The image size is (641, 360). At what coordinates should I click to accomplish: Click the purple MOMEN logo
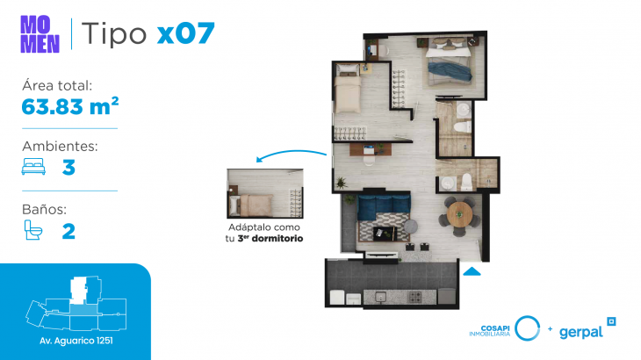pos(40,34)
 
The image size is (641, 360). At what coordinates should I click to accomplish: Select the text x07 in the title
pos(186,33)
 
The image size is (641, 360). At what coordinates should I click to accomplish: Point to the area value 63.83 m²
pos(70,106)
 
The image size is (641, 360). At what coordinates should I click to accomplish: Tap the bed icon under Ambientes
pos(33,166)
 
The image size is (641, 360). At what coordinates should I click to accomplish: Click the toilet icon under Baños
pos(32,230)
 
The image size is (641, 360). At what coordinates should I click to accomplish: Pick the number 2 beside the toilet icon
pos(68,231)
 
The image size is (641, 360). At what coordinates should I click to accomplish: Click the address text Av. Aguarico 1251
pos(76,341)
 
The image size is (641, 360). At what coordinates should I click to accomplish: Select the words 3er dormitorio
pos(270,238)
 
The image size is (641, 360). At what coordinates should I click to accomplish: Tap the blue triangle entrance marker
pos(472,271)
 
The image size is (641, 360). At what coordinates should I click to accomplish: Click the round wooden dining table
pos(459,214)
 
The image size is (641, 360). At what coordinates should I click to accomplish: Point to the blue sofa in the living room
pos(384,206)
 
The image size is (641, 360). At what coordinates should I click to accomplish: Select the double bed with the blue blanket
pos(449,63)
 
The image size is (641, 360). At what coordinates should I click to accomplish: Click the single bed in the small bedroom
pos(348,90)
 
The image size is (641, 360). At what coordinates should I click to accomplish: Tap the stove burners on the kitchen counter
pos(415,297)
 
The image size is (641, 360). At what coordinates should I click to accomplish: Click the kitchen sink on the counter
pos(381,297)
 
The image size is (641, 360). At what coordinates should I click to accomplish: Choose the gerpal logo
pos(587,329)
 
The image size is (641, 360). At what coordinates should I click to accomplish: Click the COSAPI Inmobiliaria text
pos(490,331)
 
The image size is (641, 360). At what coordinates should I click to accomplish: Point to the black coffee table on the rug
pos(385,234)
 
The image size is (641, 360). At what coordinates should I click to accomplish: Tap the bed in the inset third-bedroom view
pos(251,205)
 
